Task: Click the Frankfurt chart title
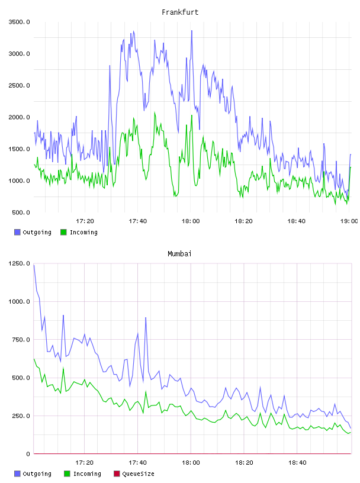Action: click(180, 12)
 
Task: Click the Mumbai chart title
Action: click(179, 254)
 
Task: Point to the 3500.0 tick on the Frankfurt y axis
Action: click(20, 22)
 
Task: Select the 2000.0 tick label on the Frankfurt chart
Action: click(20, 117)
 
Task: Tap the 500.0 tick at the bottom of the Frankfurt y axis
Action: click(21, 212)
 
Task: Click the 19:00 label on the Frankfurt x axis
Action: click(349, 221)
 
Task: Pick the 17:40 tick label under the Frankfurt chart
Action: click(138, 221)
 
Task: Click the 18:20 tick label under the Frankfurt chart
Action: click(243, 221)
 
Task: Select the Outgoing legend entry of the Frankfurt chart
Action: click(33, 232)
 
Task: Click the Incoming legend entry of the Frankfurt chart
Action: click(79, 232)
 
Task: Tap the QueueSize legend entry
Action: click(134, 474)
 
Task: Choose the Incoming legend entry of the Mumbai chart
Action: click(83, 474)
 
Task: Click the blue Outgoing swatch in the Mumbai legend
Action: click(17, 474)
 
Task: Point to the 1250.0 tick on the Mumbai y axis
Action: click(20, 263)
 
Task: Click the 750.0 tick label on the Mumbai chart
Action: click(21, 339)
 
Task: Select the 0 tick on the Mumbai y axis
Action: click(28, 454)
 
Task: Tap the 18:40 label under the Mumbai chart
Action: click(297, 462)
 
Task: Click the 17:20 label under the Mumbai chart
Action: click(85, 462)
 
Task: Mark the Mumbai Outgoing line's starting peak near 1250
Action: click(34, 265)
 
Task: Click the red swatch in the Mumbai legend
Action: click(117, 474)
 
